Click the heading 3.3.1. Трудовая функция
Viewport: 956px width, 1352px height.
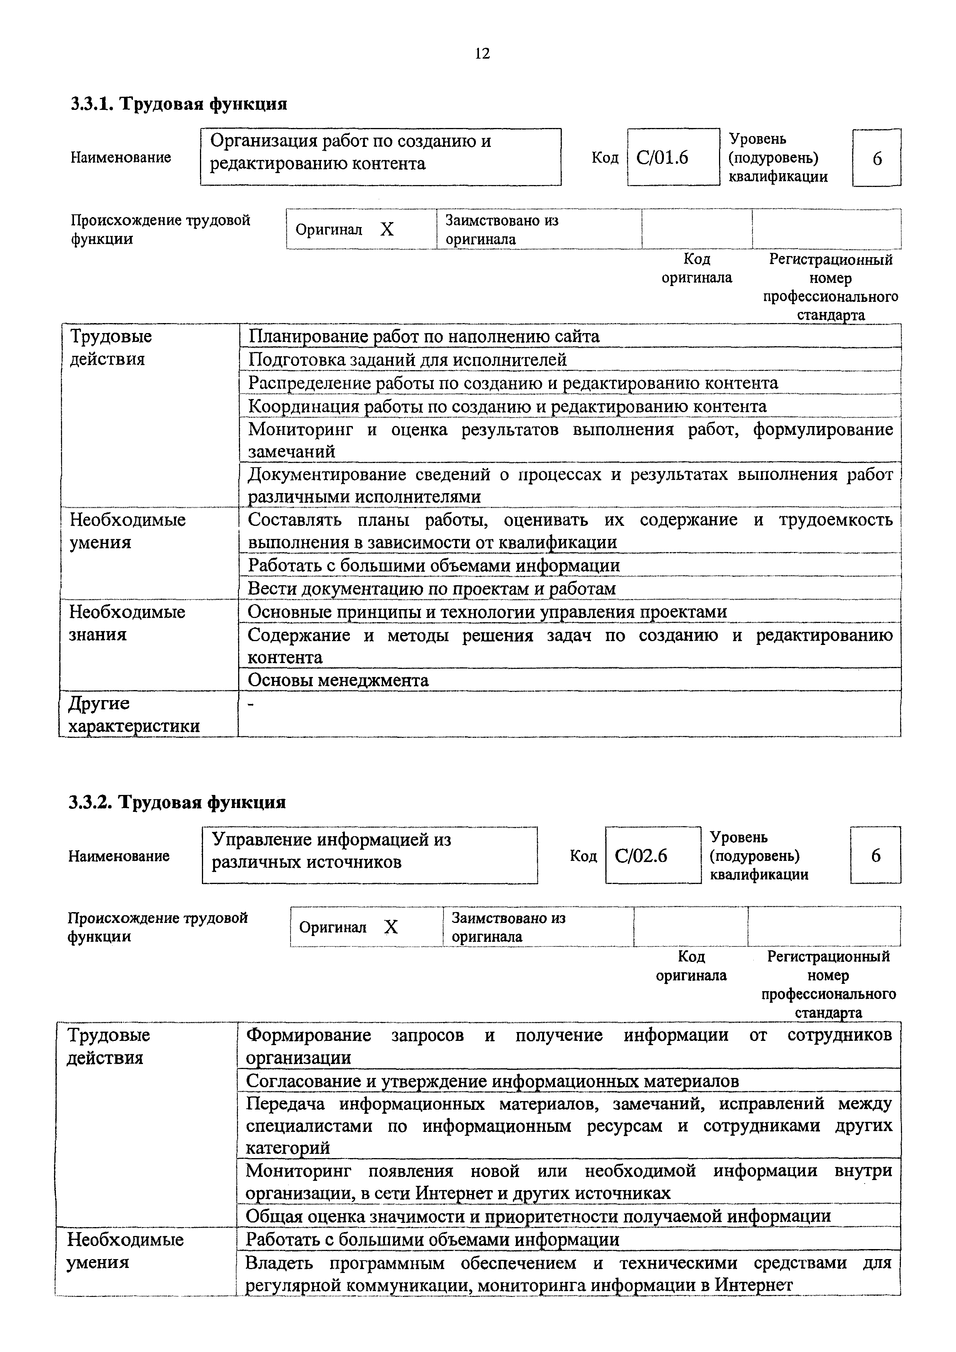point(179,104)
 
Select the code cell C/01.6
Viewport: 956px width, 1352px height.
point(663,158)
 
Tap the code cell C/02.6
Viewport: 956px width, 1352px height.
point(642,855)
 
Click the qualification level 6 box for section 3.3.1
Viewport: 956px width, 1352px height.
point(877,158)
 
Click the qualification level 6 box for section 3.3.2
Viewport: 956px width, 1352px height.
point(876,855)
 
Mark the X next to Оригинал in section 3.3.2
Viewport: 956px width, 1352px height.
point(391,928)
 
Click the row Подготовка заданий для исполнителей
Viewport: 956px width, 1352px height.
point(407,360)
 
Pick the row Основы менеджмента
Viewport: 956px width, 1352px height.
point(338,680)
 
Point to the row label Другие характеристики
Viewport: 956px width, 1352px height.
point(134,714)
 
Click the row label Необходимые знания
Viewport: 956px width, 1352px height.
point(127,623)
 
